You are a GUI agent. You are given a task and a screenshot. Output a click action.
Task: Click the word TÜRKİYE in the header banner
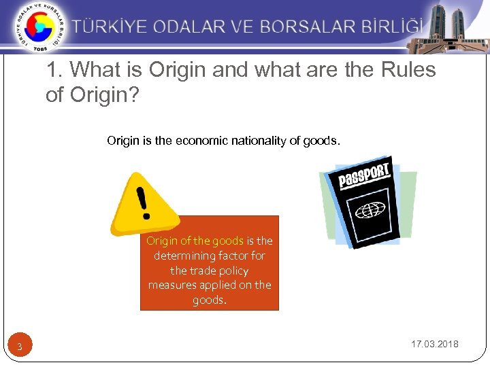coord(112,27)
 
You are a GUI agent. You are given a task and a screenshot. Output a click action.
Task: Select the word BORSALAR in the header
coord(299,27)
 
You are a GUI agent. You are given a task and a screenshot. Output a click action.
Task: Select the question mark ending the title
coord(133,94)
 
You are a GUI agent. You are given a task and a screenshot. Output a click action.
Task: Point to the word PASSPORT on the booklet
coord(365,175)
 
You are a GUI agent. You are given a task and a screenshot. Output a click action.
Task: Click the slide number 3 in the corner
coord(20,347)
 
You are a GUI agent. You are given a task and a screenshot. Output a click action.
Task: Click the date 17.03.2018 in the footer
coord(435,344)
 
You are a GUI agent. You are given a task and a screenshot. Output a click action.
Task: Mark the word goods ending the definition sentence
coord(323,141)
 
